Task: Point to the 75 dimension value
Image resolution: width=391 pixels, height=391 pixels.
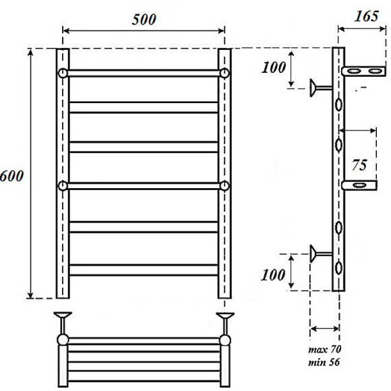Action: (x=359, y=164)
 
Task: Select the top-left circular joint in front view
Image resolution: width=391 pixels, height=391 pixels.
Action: (x=63, y=72)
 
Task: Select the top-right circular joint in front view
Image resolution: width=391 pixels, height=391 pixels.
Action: (x=224, y=72)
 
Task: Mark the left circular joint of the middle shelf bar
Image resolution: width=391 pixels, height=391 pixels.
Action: (x=63, y=187)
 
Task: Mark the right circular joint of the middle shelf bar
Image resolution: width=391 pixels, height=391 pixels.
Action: (x=224, y=187)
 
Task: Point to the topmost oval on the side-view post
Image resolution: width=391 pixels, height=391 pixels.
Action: (x=338, y=104)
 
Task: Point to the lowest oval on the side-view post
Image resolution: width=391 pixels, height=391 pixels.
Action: (x=338, y=268)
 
